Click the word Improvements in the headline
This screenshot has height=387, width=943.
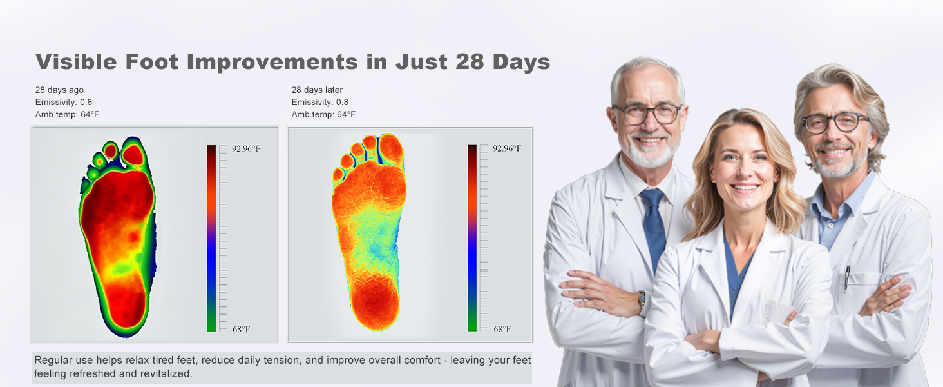(x=272, y=62)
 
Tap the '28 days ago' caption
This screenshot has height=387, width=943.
(x=59, y=90)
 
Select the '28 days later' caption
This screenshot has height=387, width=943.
(x=317, y=90)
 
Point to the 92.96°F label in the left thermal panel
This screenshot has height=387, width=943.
(x=246, y=149)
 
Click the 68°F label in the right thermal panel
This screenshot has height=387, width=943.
(x=502, y=329)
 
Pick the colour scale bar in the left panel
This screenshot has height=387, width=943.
(x=211, y=238)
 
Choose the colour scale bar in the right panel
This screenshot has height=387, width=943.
(x=472, y=238)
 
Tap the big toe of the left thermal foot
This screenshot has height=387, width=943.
(x=135, y=154)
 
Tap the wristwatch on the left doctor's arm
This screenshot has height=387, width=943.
(x=642, y=299)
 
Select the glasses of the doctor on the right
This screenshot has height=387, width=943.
(x=835, y=122)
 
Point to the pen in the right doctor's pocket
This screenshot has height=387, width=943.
(x=847, y=279)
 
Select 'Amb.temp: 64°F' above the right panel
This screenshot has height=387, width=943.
(x=323, y=115)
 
